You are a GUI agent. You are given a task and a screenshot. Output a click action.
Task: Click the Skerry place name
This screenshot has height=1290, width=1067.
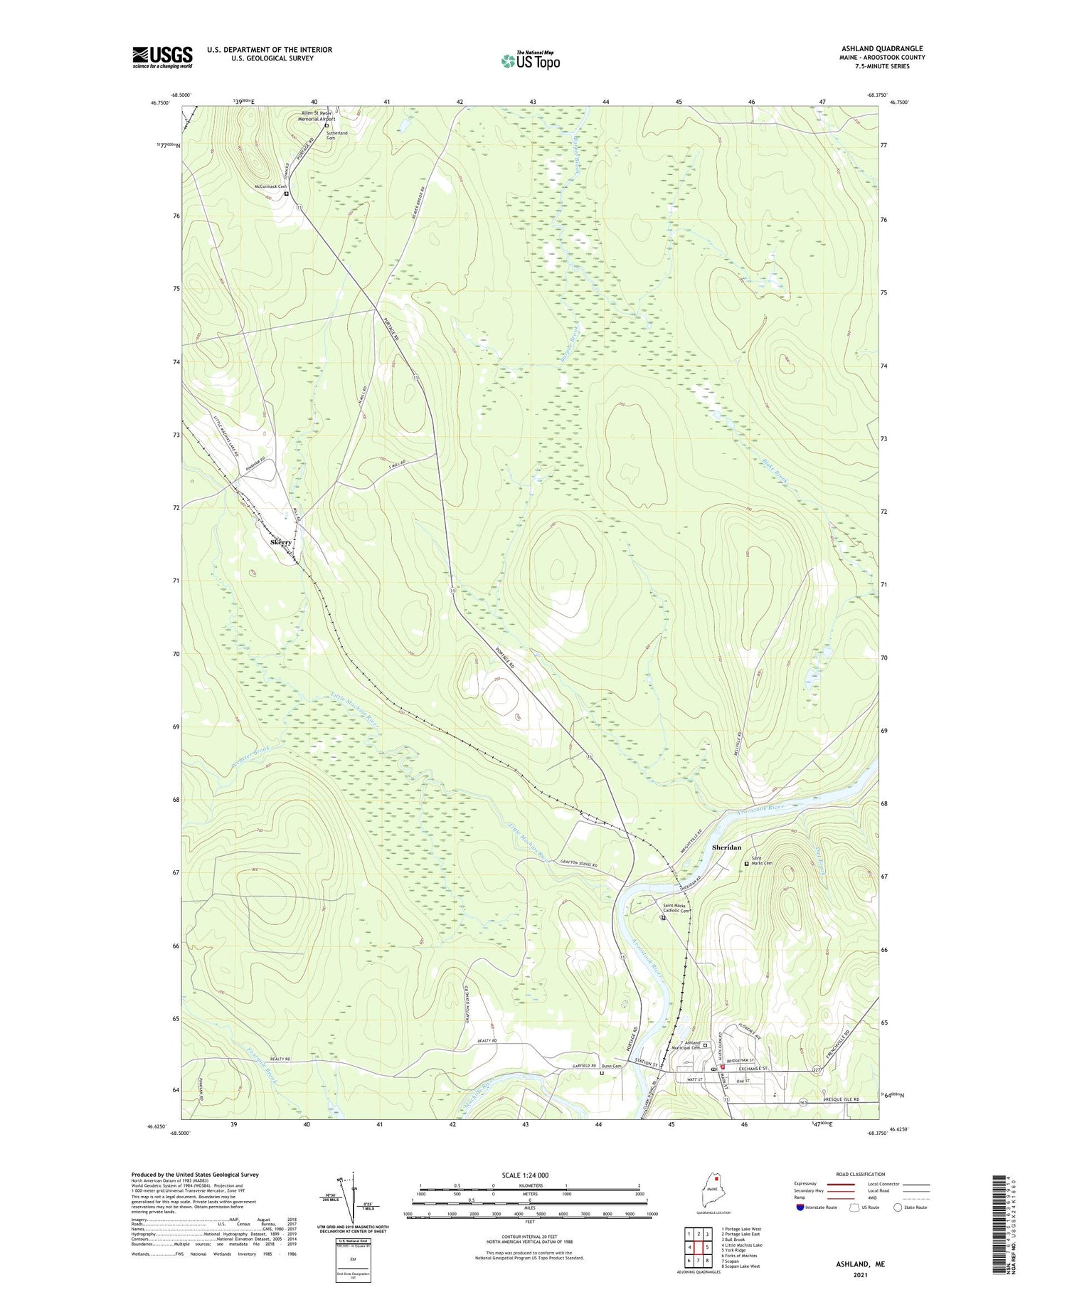click(x=281, y=542)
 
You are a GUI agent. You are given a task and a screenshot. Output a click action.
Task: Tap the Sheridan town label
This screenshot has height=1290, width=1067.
click(x=726, y=847)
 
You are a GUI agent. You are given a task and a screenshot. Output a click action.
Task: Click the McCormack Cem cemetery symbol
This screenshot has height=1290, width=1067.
click(x=286, y=194)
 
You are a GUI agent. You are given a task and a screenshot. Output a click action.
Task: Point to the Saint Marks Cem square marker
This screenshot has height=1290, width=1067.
click(x=746, y=864)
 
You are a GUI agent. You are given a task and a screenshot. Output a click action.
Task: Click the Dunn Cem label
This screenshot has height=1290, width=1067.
click(x=611, y=1066)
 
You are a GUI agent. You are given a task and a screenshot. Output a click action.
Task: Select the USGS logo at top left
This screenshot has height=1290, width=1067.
click(x=162, y=57)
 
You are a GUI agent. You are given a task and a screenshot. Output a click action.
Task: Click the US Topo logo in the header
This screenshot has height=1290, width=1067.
click(x=530, y=61)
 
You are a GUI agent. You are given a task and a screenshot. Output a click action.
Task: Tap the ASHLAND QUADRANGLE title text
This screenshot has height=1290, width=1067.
click(x=882, y=48)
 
